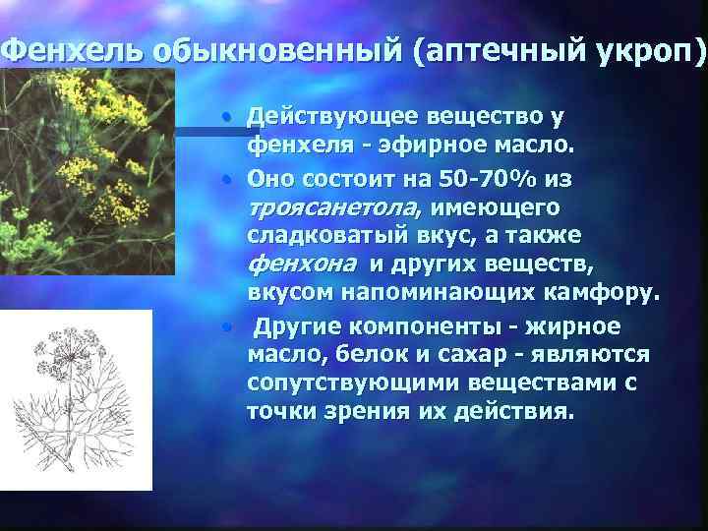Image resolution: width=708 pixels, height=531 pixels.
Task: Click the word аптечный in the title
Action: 492,49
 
